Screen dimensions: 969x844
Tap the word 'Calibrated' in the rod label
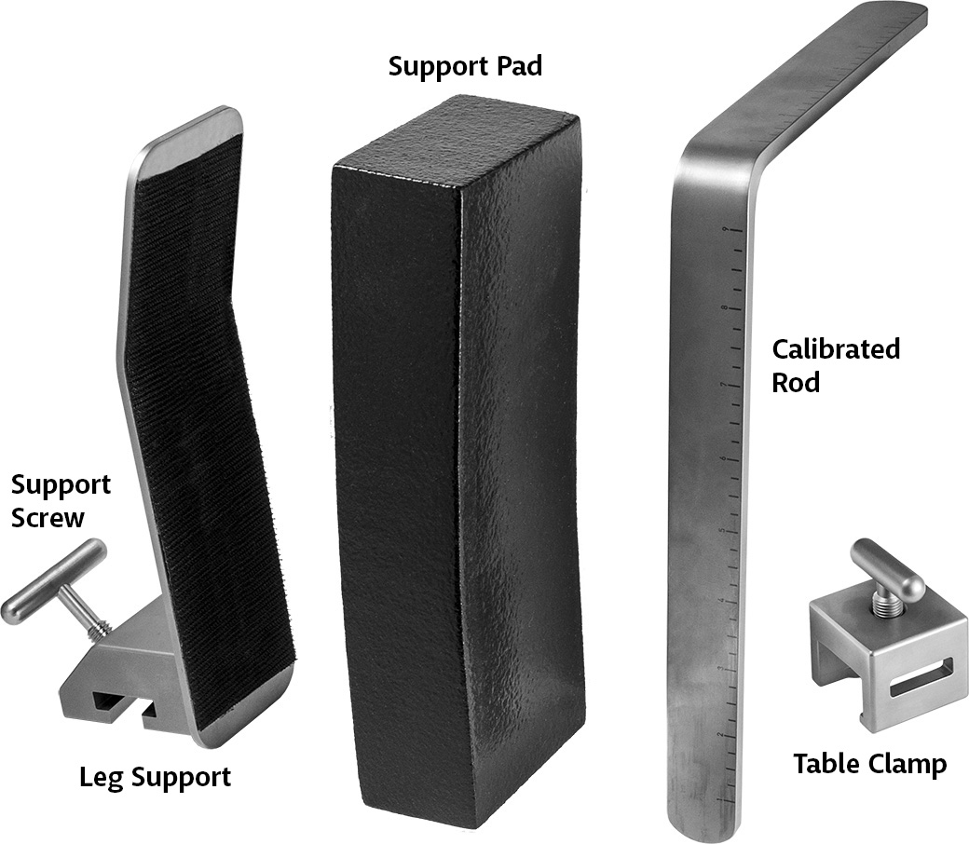pyautogui.click(x=836, y=349)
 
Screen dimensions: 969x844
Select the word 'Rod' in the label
pyautogui.click(x=796, y=383)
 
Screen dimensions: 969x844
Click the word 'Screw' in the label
pyautogui.click(x=48, y=517)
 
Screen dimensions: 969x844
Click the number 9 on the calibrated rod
pyautogui.click(x=725, y=230)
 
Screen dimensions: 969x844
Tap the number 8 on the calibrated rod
pyautogui.click(x=724, y=307)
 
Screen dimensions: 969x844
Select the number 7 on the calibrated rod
pyautogui.click(x=724, y=385)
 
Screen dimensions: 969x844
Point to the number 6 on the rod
pyautogui.click(x=723, y=459)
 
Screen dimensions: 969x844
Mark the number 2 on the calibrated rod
pyautogui.click(x=720, y=735)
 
